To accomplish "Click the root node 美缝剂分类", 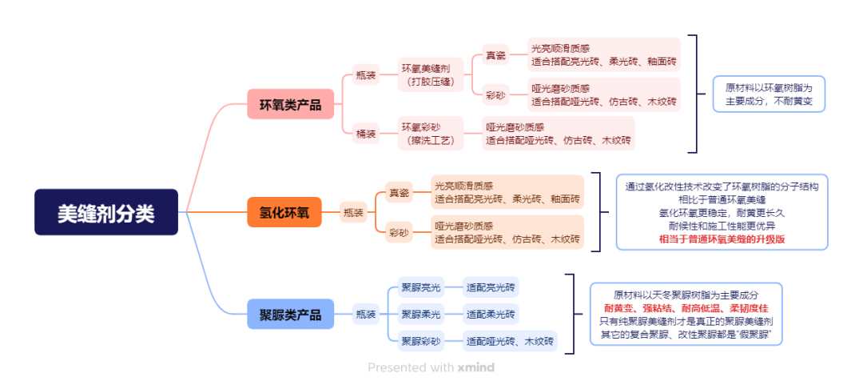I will coord(105,212).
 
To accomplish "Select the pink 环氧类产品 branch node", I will coord(290,104).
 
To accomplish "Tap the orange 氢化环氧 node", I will coord(290,213).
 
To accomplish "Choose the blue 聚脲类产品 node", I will coord(290,315).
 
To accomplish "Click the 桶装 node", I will coord(366,134).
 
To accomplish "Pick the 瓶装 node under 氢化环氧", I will coord(353,213).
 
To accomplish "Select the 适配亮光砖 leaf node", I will coord(491,287).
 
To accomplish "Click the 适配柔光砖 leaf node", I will coord(491,315).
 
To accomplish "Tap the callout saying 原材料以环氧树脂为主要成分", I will coord(769,94).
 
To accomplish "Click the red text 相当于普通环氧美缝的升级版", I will coord(722,239).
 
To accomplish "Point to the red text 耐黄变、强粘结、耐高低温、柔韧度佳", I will coord(686,308).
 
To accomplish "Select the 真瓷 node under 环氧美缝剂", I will coord(495,56).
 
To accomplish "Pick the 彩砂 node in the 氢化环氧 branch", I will coord(399,233).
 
